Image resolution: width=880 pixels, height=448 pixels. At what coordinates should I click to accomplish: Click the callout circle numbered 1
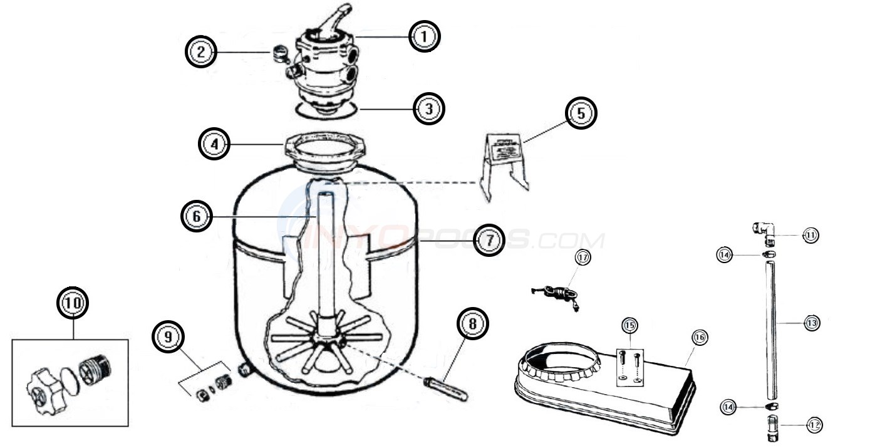tap(425, 36)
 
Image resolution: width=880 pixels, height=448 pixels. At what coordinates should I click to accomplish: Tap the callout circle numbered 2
tap(200, 52)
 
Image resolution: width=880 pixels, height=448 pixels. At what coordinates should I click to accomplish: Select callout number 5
tap(581, 114)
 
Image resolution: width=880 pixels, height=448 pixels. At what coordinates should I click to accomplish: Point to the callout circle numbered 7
tap(489, 240)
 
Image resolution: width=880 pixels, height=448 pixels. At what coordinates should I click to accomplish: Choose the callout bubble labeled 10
tap(73, 303)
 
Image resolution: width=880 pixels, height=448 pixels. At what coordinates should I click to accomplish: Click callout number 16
tap(699, 337)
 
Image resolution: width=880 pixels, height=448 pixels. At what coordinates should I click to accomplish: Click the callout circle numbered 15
tap(629, 325)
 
